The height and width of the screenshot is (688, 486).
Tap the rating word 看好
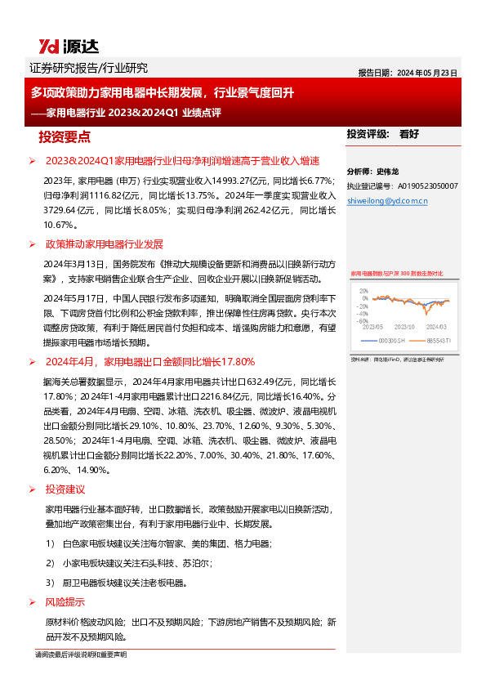(x=408, y=134)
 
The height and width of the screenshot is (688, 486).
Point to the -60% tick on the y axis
(x=362, y=321)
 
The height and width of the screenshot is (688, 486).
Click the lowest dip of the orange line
(x=426, y=313)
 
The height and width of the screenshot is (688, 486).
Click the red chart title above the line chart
(x=396, y=274)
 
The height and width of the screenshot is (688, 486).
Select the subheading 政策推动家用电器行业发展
(x=105, y=244)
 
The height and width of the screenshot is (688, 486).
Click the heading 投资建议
(x=65, y=489)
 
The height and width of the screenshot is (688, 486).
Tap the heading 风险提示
(x=65, y=602)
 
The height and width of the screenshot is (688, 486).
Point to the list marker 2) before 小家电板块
(x=51, y=563)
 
